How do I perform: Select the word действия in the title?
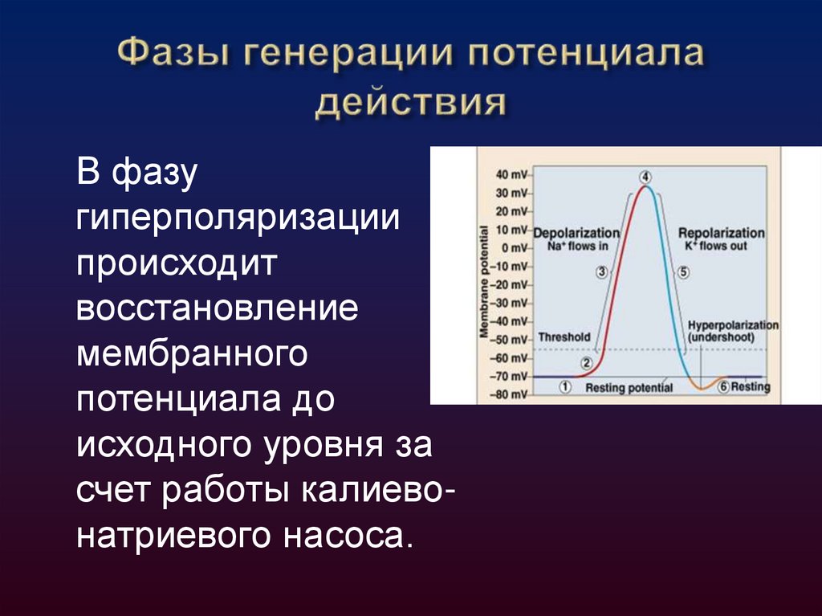411,105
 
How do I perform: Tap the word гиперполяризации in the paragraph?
238,218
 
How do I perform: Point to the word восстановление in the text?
217,309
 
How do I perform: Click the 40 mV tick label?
511,174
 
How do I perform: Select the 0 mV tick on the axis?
514,247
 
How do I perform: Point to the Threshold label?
564,337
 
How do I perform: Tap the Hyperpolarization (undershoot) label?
733,332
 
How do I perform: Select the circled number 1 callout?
565,387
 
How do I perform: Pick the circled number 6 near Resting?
723,387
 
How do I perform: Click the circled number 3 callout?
601,271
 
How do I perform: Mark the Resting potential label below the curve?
629,388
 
